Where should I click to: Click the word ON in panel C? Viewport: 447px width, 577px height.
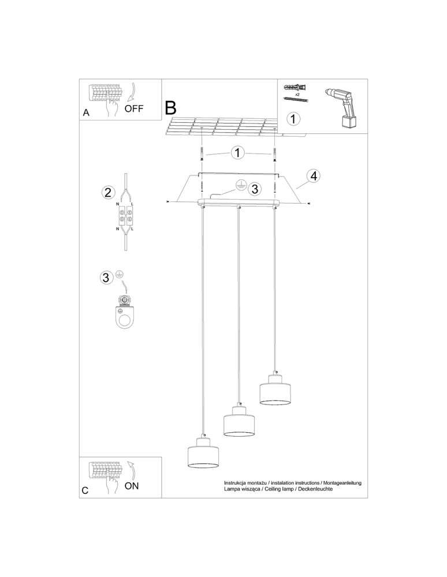132,486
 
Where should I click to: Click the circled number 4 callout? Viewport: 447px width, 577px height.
312,176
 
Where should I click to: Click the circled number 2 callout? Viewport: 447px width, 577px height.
107,193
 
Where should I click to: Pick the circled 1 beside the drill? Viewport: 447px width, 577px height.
294,119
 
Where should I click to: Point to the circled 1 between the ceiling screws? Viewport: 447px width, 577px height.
237,153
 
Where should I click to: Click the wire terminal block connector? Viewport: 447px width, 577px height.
126,218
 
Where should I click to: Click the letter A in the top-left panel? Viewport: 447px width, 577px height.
86,114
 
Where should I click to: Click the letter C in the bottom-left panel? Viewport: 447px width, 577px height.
85,490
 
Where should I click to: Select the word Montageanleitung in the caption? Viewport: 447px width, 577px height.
339,482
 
